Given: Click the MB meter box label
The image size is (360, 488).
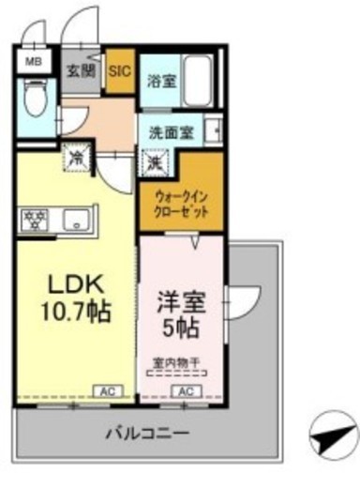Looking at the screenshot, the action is pos(34,62).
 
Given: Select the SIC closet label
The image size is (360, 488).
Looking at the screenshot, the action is pos(120,71).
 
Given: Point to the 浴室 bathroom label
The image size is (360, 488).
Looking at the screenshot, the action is pos(162,81).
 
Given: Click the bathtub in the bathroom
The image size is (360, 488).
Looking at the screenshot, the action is pos(198,82).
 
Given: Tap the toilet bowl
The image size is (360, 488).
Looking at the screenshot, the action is pos(37,98).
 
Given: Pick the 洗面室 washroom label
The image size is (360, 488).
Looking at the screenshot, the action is pos(172,133).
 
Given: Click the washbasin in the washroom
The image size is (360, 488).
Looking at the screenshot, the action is pos(213,130).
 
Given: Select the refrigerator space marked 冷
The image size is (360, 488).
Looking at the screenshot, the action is pos(77,158).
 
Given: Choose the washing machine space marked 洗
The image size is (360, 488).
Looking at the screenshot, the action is pos(155,162).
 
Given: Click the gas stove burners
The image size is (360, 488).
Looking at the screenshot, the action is pos(34,220).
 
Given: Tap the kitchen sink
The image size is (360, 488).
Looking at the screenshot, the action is pos(77,220).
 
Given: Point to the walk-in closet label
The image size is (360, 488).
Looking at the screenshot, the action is pos(182,205).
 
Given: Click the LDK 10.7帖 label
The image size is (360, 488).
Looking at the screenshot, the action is pos(76,298).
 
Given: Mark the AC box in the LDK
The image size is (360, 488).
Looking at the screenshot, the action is pos(109,391).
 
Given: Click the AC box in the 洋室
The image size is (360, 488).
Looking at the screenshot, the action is pos(187,391).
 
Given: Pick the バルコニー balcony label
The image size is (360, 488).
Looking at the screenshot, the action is pos(147,434).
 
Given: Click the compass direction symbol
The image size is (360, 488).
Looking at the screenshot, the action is pos(334,435).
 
